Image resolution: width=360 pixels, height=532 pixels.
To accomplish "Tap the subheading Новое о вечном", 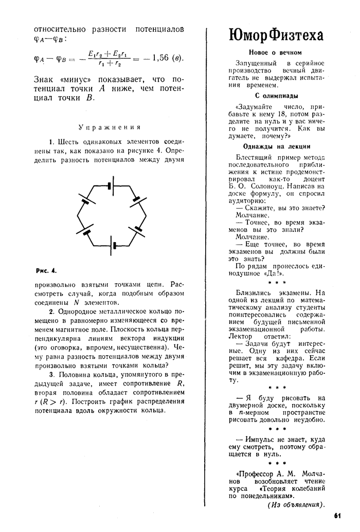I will click(275, 52).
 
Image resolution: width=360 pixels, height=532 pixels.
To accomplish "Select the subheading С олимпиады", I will click(276, 96).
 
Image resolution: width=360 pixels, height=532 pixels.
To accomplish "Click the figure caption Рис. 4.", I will click(46, 270).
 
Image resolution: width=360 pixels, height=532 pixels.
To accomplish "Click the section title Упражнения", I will click(110, 127).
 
